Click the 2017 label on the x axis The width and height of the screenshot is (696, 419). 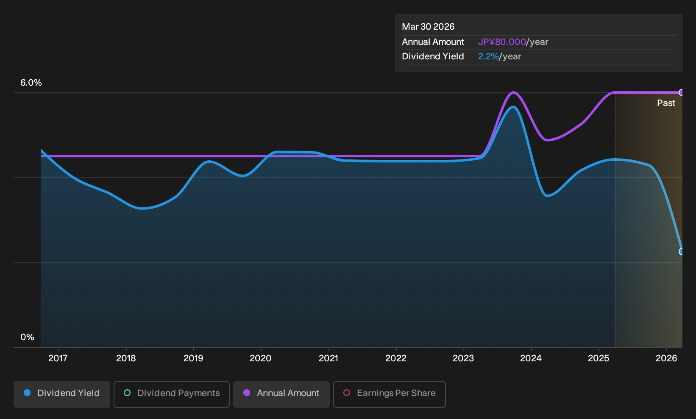click(58, 358)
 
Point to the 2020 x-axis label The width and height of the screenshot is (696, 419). click(260, 358)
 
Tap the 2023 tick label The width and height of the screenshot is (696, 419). click(463, 358)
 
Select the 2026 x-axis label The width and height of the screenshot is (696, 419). click(666, 358)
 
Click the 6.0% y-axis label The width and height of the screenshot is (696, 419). click(31, 83)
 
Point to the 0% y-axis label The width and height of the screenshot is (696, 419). click(28, 337)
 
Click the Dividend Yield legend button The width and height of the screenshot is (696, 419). click(62, 394)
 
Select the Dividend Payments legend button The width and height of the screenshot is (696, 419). click(172, 394)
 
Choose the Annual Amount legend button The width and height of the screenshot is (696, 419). click(281, 394)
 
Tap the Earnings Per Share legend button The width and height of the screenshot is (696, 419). click(389, 394)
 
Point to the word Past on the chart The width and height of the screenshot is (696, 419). click(666, 103)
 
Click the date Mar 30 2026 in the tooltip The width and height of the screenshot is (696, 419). click(428, 27)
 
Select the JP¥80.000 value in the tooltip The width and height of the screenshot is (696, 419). click(502, 42)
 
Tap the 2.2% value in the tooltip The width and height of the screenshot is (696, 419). click(488, 56)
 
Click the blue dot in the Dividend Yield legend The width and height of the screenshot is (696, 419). click(28, 393)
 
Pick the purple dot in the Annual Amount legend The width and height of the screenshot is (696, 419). click(247, 393)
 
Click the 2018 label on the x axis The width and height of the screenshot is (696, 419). click(126, 358)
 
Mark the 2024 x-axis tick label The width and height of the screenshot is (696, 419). click(531, 358)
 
